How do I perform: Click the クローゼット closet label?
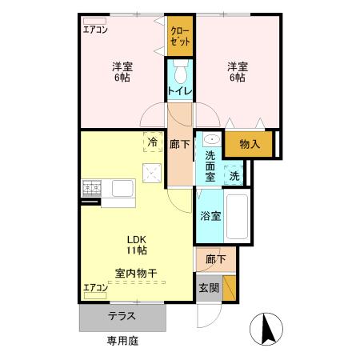point(180,35)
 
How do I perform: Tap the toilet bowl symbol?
point(180,74)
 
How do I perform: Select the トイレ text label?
point(179,92)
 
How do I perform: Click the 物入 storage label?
point(250,144)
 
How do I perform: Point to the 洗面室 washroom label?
point(210,163)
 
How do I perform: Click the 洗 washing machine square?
point(234,174)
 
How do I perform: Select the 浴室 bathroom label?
point(210,215)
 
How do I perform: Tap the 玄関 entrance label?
point(207,288)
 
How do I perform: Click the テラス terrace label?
point(122,316)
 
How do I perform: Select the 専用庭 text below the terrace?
point(123,341)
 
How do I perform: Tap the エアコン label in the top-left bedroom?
point(96,30)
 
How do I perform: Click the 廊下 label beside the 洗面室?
point(180,145)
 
